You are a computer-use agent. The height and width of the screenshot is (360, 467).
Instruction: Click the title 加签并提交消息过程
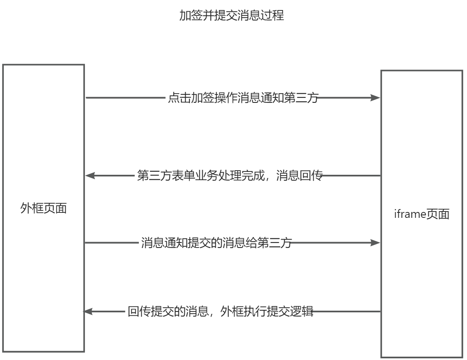tap(232, 15)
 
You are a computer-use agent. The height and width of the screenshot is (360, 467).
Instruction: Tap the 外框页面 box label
tap(43, 208)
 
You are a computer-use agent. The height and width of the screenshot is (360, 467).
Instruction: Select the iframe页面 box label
tap(421, 214)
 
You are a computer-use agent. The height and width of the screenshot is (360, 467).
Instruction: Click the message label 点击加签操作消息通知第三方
tap(243, 98)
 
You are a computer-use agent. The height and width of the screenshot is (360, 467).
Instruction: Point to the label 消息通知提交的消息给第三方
tap(216, 243)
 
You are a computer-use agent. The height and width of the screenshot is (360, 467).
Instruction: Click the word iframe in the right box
tap(409, 214)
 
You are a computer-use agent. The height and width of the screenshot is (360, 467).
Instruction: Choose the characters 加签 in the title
tap(191, 15)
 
